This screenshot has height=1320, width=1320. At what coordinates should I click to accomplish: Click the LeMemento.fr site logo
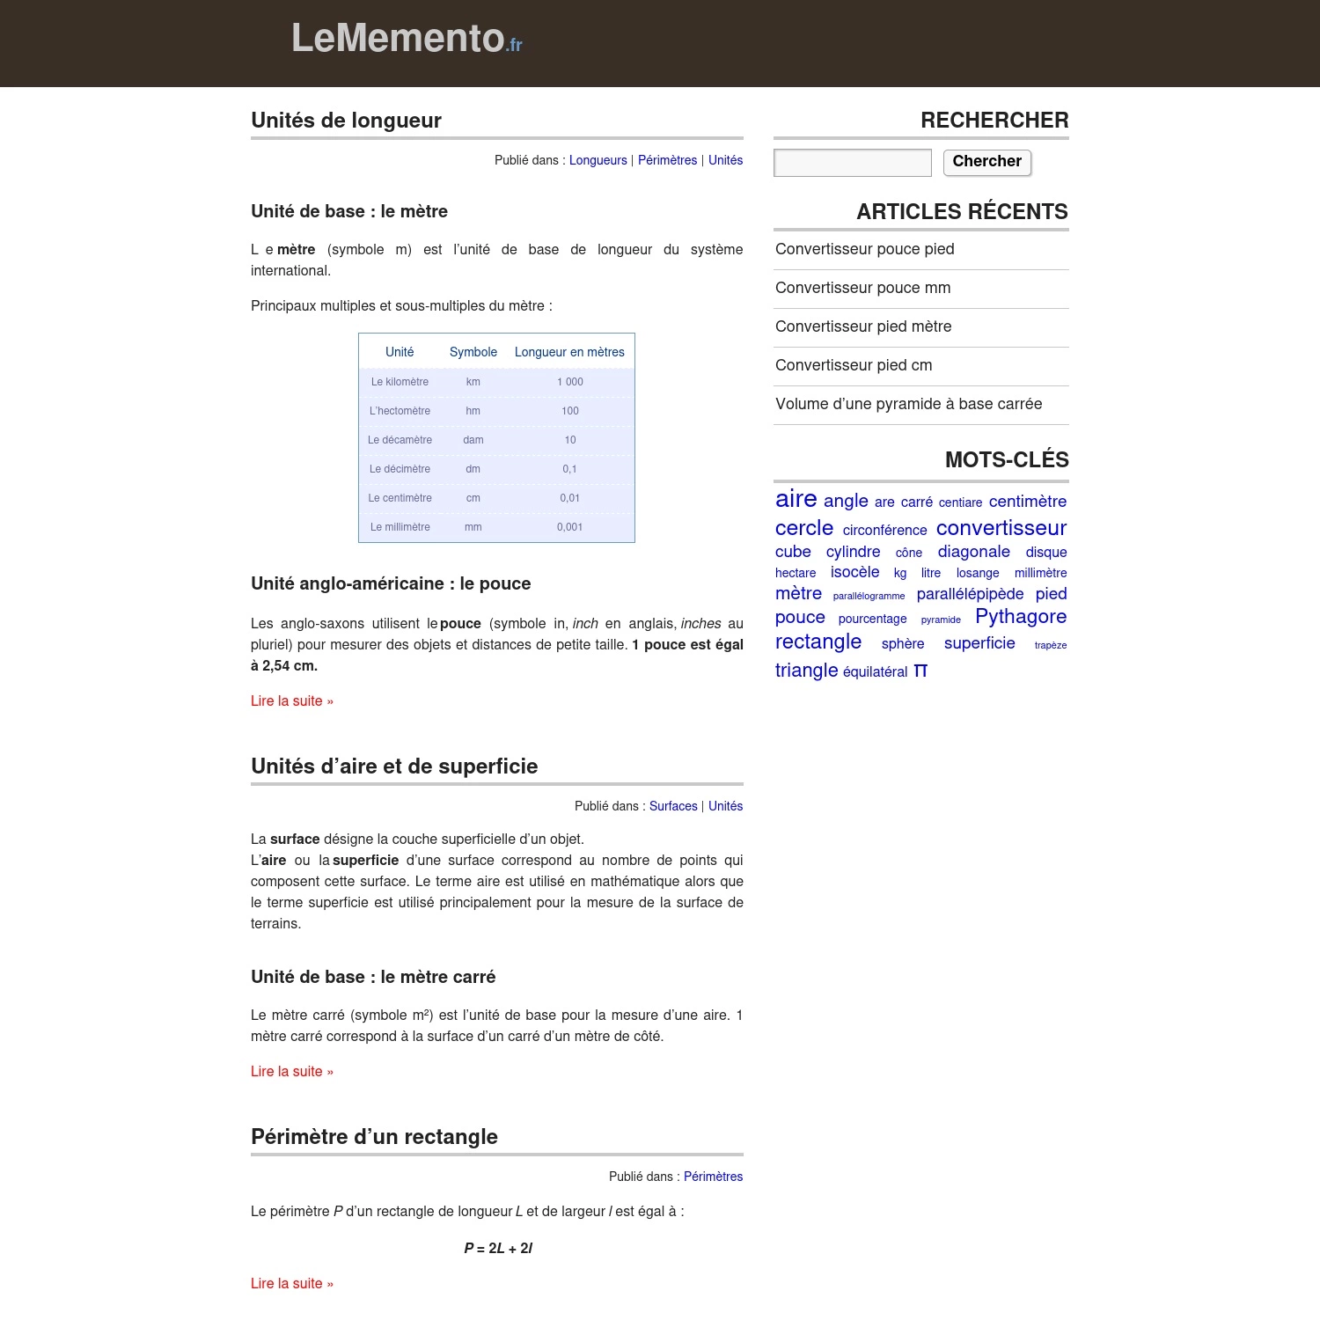(x=407, y=39)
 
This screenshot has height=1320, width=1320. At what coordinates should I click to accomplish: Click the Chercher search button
(x=986, y=162)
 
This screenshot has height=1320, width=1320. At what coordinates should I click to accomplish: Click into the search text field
(x=852, y=163)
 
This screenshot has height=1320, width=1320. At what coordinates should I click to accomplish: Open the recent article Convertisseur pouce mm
(x=862, y=288)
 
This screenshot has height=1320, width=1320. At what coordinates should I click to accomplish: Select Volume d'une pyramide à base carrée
(x=908, y=404)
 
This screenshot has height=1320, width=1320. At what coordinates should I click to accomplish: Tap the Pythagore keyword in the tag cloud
(x=1020, y=617)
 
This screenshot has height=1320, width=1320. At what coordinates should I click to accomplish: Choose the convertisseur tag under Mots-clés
(x=1001, y=528)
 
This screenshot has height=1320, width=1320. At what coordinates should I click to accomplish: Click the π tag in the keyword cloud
(x=920, y=671)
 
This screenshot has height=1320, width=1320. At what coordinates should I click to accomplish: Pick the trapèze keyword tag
(x=1050, y=645)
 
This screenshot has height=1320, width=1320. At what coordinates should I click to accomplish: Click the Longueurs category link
(x=598, y=160)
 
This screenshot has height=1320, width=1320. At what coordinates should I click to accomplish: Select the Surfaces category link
(x=672, y=806)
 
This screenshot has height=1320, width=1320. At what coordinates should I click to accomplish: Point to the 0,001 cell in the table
(x=569, y=527)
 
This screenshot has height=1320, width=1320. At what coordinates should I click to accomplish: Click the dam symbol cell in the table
(x=473, y=440)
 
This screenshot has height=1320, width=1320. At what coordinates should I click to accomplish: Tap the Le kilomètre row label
(x=400, y=382)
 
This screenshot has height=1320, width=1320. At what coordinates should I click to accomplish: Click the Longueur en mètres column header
(x=569, y=352)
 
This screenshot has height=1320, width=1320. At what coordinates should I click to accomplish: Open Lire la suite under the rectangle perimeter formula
(x=291, y=1283)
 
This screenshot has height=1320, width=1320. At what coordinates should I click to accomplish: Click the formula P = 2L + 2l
(x=498, y=1248)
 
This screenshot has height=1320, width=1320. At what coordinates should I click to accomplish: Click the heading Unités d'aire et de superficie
(x=394, y=766)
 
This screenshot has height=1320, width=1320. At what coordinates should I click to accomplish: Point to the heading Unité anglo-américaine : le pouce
(x=391, y=583)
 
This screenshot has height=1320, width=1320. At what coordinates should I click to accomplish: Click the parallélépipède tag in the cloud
(x=970, y=594)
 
